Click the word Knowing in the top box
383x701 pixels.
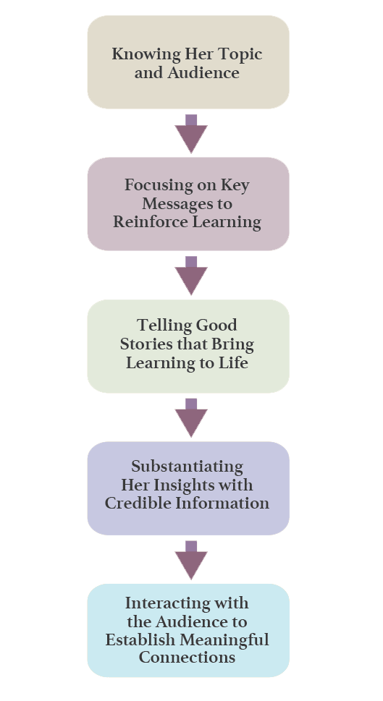(x=146, y=54)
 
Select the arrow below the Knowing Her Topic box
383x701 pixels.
(x=191, y=134)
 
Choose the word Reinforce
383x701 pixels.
(x=143, y=222)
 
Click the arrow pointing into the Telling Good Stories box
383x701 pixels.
(x=191, y=276)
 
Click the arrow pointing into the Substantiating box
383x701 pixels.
(x=191, y=417)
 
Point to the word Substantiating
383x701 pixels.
(x=187, y=467)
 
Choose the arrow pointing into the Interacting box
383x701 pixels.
(x=191, y=560)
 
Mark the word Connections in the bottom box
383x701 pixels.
(x=187, y=658)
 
